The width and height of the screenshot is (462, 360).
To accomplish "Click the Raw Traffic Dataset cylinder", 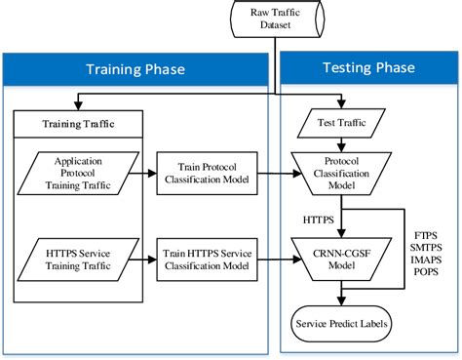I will tap(276, 20).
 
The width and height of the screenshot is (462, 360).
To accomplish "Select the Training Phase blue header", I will tap(136, 71).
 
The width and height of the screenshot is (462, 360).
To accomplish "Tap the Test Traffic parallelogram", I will tap(341, 124).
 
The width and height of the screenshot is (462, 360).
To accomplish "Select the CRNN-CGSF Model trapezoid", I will tap(342, 256).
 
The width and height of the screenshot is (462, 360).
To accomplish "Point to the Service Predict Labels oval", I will tap(342, 323).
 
